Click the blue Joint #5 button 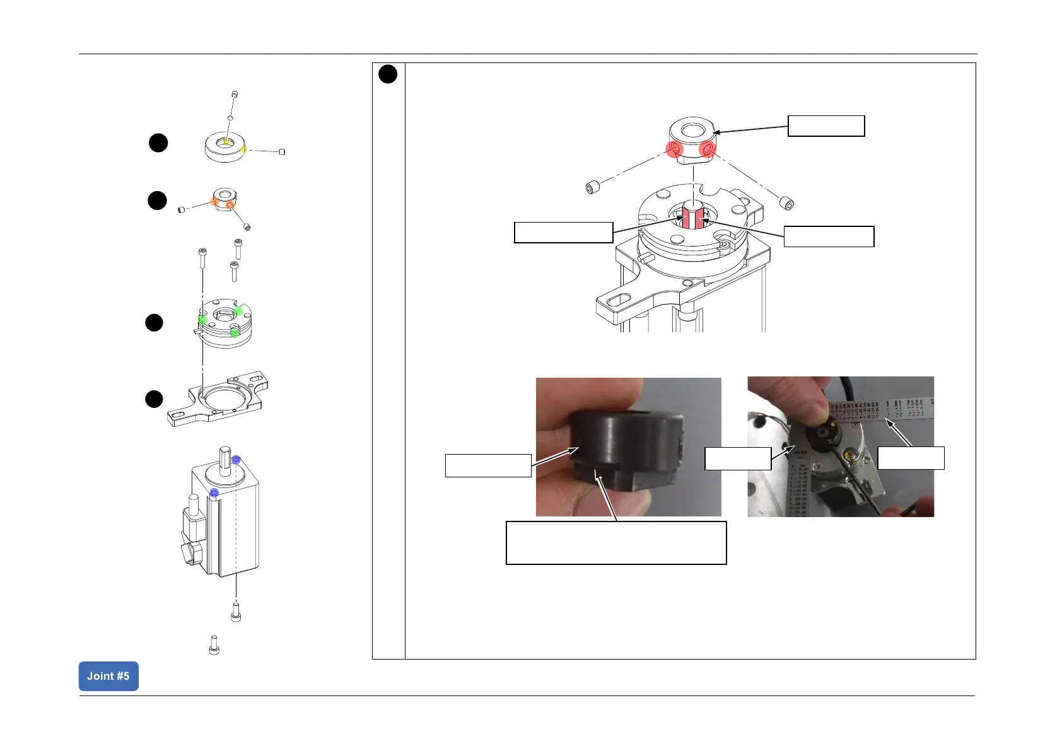click(108, 676)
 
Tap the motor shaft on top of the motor click(225, 458)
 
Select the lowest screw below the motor click(214, 645)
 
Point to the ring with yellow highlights click(225, 148)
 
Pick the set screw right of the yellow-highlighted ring click(282, 151)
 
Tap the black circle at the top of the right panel click(388, 74)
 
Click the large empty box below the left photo click(616, 542)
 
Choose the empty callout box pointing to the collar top click(826, 126)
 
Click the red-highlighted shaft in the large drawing click(693, 217)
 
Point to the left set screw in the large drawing click(592, 187)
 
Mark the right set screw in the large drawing click(787, 203)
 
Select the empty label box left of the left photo click(488, 465)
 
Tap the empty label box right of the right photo click(911, 458)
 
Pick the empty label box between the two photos click(738, 458)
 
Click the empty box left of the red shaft click(563, 232)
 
